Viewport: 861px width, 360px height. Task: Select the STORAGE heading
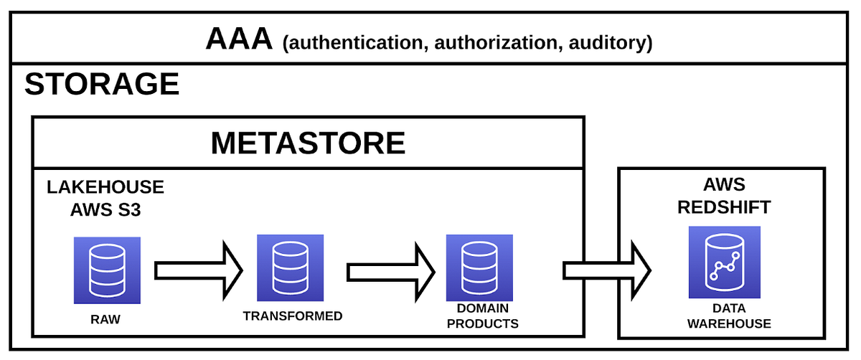coord(101,85)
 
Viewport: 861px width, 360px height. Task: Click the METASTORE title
coord(308,143)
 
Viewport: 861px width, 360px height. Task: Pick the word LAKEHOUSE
coord(105,188)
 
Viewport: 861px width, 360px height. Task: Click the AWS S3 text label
coord(105,210)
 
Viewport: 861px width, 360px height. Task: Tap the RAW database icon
coord(107,270)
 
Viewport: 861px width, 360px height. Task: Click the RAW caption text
coord(106,320)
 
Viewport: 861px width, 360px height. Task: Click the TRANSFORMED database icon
coord(291,267)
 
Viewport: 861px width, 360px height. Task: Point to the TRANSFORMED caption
coord(292,316)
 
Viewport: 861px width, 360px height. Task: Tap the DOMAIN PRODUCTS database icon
coord(479,267)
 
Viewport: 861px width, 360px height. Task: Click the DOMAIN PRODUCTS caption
coord(482,316)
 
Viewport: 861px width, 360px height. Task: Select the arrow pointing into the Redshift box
coord(607,271)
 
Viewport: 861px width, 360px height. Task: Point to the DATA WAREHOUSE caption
coord(728,316)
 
